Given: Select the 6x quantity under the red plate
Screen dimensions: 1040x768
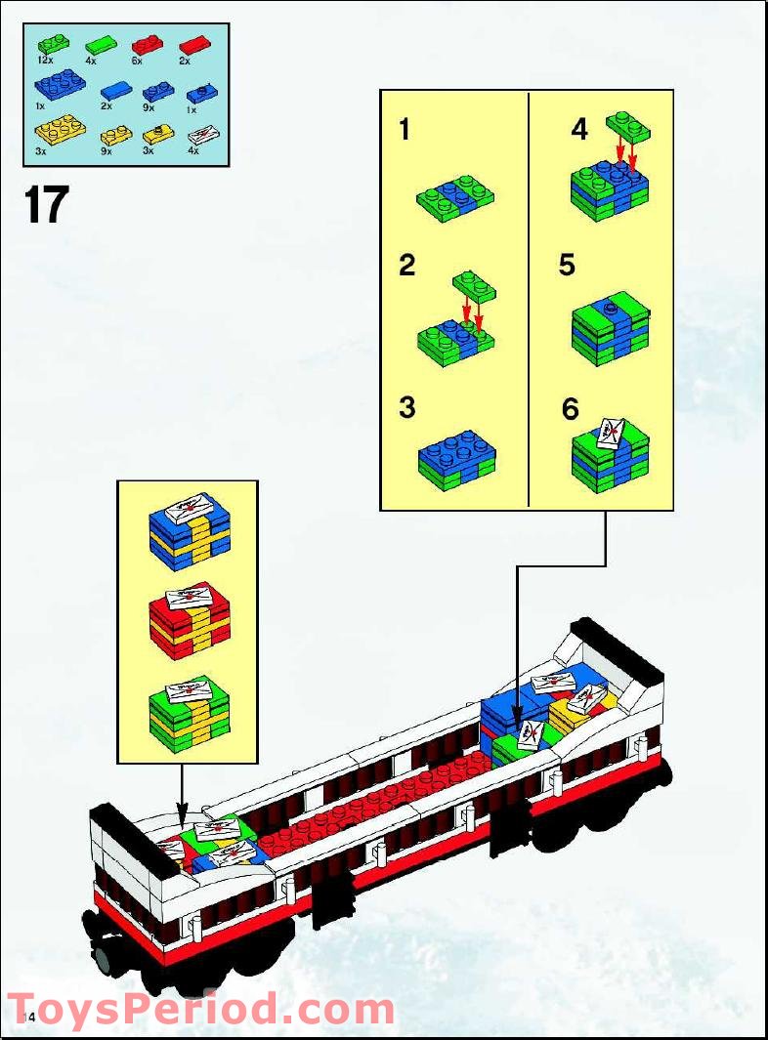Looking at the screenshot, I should click(137, 60).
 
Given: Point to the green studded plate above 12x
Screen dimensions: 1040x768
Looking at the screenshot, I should click(54, 43).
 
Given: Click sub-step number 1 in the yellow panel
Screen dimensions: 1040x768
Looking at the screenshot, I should click(405, 131).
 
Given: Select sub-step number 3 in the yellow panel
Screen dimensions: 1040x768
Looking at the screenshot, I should click(406, 407).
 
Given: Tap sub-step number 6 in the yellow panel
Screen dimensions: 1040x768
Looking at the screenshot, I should click(571, 409).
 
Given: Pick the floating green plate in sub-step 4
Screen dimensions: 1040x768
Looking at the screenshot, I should click(628, 125).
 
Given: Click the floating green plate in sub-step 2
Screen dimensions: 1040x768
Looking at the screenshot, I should click(475, 284).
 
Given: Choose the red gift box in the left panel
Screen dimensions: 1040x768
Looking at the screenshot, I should click(189, 622).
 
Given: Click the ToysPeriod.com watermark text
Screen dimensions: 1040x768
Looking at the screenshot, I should click(200, 1008).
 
